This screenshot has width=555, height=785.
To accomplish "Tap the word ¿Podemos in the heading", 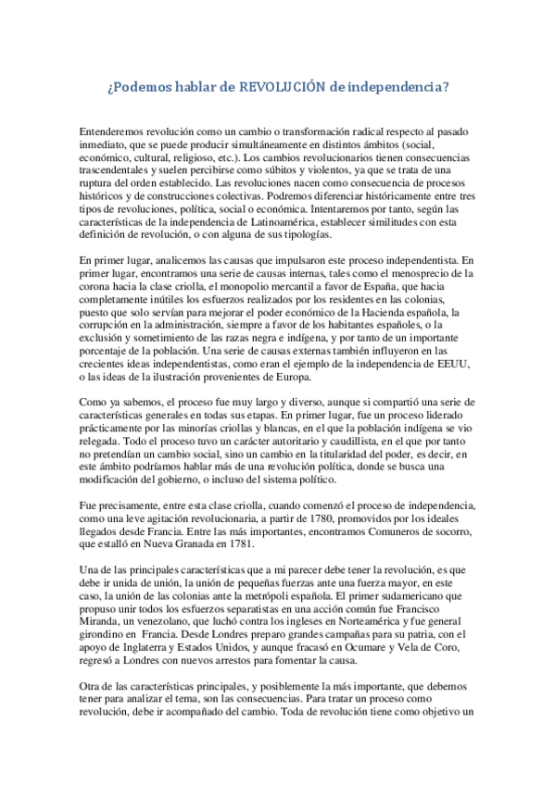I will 136,89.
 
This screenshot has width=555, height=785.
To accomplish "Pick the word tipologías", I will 305,236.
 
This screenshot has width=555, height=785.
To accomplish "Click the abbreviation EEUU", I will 455,365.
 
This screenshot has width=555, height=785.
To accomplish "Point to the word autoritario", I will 238,442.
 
